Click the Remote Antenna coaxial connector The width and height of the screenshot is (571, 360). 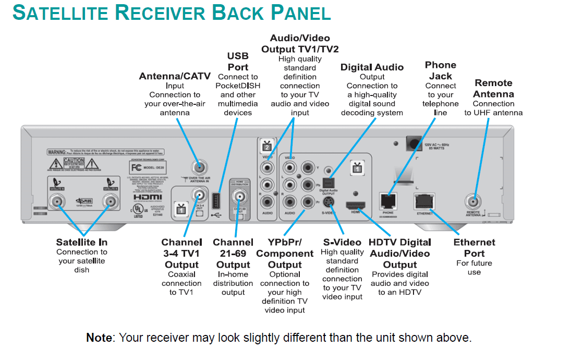pyautogui.click(x=473, y=201)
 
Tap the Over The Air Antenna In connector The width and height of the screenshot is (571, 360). pyautogui.click(x=199, y=167)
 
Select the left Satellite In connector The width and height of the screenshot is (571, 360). pyautogui.click(x=57, y=202)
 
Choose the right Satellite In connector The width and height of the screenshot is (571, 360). pyautogui.click(x=110, y=202)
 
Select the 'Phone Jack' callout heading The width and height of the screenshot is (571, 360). pyautogui.click(x=441, y=70)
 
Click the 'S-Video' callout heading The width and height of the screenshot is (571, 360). pyautogui.click(x=342, y=243)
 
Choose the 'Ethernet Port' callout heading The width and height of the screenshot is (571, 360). pyautogui.click(x=474, y=248)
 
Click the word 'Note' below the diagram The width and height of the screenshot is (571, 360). pyautogui.click(x=99, y=338)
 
